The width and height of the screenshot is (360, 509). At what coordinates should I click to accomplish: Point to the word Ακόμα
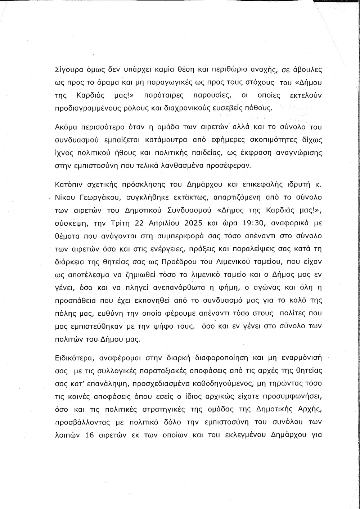[x=65, y=127]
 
